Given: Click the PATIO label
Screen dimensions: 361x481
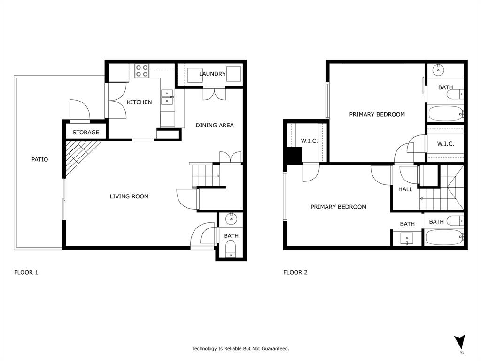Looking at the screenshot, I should pos(39,159).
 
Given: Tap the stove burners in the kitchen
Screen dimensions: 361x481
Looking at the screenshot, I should pos(142,71).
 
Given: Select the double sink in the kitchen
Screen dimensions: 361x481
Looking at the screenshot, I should pos(167,97).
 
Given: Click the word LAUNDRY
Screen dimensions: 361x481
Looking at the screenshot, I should pos(212,74).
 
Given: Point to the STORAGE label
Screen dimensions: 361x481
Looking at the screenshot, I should pos(85,133).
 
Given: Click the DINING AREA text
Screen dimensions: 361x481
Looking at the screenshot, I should pos(214,125).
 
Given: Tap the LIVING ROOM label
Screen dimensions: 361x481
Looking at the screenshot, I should pos(129,196).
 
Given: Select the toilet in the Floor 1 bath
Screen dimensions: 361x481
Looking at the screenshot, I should pos(231,248).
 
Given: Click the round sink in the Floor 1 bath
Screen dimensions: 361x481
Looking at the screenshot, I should pos(231,219).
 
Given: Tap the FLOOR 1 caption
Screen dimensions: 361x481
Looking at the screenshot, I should pos(26,272).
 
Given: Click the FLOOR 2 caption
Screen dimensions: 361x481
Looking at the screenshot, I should pos(295,272).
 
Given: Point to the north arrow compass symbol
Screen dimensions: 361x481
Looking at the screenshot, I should pos(460,342).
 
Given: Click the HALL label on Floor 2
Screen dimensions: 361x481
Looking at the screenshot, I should pos(405,189).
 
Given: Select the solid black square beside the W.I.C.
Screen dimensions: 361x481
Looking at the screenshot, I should pos(294,155).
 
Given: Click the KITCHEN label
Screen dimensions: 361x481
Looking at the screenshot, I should pos(139,102).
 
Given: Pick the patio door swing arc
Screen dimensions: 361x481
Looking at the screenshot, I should pos(79,109).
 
